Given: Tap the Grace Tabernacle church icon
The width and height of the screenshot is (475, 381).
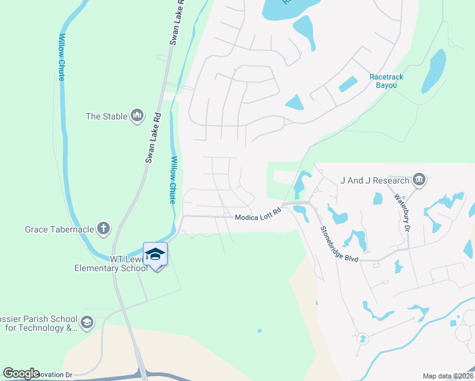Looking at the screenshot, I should pyautogui.click(x=104, y=229).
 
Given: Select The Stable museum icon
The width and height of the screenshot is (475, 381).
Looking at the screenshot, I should pyautogui.click(x=137, y=116).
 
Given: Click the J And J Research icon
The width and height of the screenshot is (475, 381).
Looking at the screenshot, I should pyautogui.click(x=418, y=180).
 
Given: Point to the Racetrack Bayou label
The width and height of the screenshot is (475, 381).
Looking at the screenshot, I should pyautogui.click(x=387, y=81).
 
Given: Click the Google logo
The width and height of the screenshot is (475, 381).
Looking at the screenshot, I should pyautogui.click(x=22, y=373).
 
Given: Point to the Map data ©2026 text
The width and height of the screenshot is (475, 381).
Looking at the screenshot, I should pyautogui.click(x=448, y=376).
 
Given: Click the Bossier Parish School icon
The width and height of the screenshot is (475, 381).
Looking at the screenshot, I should pyautogui.click(x=87, y=323).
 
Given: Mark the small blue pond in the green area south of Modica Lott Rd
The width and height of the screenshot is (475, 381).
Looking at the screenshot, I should pyautogui.click(x=259, y=331).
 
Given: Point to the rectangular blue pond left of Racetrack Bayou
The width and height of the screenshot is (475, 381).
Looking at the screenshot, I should pyautogui.click(x=347, y=84).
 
